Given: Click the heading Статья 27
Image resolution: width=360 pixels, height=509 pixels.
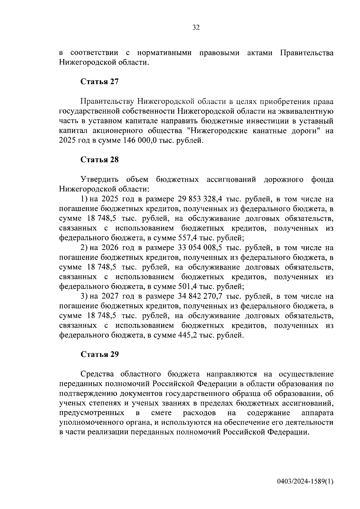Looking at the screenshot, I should click(100, 82).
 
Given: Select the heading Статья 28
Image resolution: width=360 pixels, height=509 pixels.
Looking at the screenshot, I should click(100, 160).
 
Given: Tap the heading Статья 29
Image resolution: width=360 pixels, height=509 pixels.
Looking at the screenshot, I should click(100, 354).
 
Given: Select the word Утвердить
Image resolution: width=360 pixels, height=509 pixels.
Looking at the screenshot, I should click(100, 180).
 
